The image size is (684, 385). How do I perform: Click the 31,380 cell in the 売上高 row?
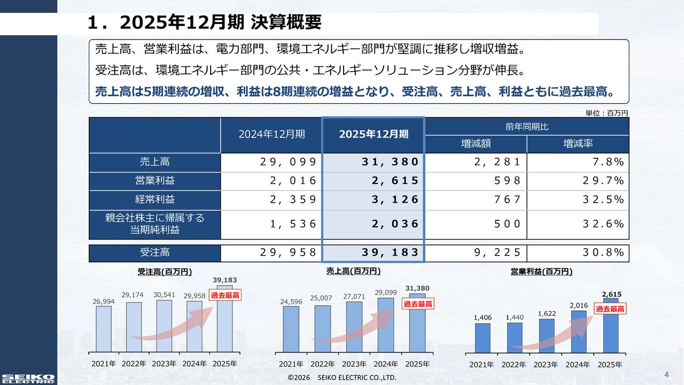pyautogui.click(x=373, y=162)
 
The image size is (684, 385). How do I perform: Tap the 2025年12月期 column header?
pyautogui.click(x=373, y=134)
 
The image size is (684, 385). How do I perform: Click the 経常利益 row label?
pyautogui.click(x=154, y=199)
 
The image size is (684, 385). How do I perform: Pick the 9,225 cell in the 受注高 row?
pyautogui.click(x=475, y=252)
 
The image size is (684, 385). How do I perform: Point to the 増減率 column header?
pyautogui.click(x=578, y=144)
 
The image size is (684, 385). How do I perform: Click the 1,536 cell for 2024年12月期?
pyautogui.click(x=271, y=224)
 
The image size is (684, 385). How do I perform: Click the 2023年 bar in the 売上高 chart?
pyautogui.click(x=354, y=327)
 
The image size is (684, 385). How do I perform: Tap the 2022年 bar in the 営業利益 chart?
pyautogui.click(x=514, y=337)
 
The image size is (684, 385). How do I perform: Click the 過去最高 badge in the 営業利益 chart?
pyautogui.click(x=610, y=309)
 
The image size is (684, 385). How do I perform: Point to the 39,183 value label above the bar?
pyautogui.click(x=224, y=280)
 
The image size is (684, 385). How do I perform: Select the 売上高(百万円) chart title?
pyautogui.click(x=353, y=271)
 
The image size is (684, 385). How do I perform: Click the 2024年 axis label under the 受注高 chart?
pyautogui.click(x=195, y=364)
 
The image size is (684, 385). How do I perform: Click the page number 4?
pyautogui.click(x=666, y=373)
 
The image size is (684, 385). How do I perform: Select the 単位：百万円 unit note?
pyautogui.click(x=607, y=113)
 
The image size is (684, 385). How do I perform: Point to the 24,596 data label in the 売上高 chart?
pyautogui.click(x=291, y=302)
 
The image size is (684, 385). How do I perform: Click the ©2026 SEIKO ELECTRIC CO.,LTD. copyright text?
pyautogui.click(x=342, y=378)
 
